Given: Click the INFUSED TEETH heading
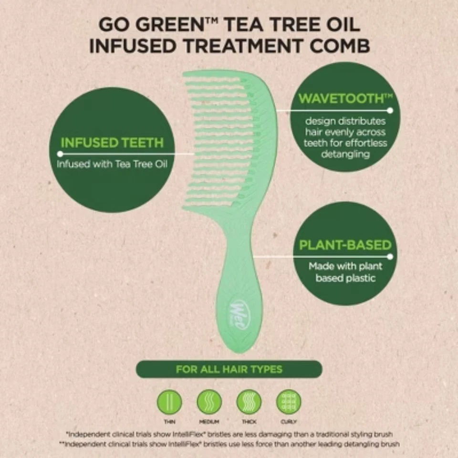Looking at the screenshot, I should click(112, 142).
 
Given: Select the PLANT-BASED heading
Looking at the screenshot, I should click(345, 245).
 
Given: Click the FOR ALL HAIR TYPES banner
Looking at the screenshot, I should click(229, 369).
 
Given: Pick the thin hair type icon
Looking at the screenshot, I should click(169, 402).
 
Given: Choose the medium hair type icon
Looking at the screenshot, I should click(209, 402).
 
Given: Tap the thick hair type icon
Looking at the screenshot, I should click(249, 402).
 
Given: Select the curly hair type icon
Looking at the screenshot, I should click(289, 402).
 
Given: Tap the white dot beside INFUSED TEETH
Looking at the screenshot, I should click(60, 154).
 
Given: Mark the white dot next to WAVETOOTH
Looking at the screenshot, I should click(390, 110).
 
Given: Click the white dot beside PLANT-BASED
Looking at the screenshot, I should click(390, 257).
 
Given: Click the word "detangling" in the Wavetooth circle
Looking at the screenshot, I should click(345, 154).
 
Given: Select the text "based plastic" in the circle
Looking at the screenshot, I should click(345, 278).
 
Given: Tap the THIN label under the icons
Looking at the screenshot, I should click(169, 422).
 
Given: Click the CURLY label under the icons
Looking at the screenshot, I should click(289, 422).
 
